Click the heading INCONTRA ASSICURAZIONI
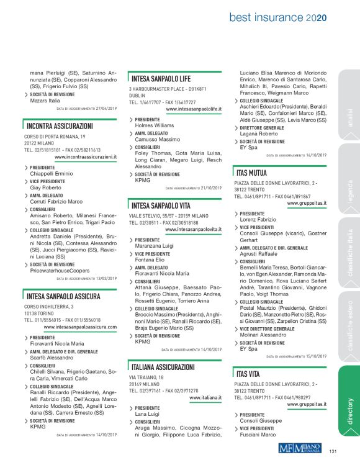(63, 126)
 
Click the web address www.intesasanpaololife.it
(194, 109)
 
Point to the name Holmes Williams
(152, 125)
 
